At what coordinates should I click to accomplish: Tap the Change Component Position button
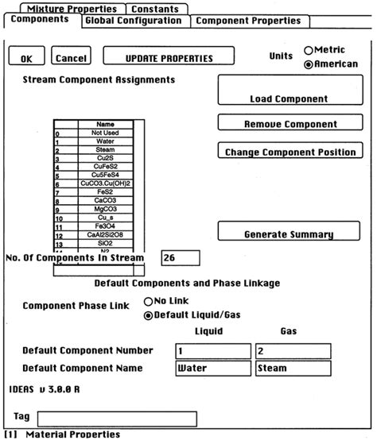(x=290, y=151)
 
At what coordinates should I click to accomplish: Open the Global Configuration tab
(x=133, y=21)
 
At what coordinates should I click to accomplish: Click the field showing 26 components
(x=180, y=258)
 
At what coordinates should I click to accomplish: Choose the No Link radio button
(x=148, y=302)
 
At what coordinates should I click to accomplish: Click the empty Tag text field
(x=118, y=418)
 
